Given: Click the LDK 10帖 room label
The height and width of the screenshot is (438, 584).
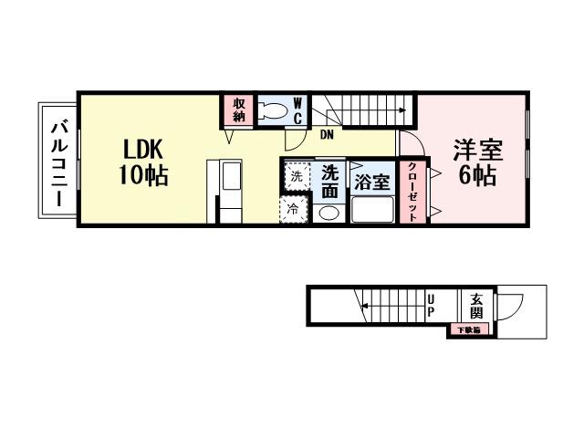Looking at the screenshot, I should (141, 162).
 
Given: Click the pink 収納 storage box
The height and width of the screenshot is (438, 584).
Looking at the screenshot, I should (239, 109).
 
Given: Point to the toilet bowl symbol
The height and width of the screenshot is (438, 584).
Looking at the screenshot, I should (272, 111).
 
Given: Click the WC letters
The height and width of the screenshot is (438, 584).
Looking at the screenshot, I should (297, 111).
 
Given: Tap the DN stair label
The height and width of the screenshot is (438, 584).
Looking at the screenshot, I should (326, 135).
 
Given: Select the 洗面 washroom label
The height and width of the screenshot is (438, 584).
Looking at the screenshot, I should (330, 181).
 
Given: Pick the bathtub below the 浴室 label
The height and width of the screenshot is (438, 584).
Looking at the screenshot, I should (371, 211).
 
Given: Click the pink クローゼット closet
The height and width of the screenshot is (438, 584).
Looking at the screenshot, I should (412, 190).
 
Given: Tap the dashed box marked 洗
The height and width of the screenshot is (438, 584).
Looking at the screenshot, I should (296, 176).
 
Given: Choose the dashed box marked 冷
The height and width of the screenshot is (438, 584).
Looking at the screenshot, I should (294, 209).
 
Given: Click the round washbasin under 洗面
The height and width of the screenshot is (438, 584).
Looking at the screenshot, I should (330, 213).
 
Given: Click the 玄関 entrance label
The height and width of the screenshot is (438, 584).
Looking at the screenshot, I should (477, 304).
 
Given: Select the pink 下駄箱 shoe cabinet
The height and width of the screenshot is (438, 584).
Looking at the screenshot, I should (468, 329).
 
